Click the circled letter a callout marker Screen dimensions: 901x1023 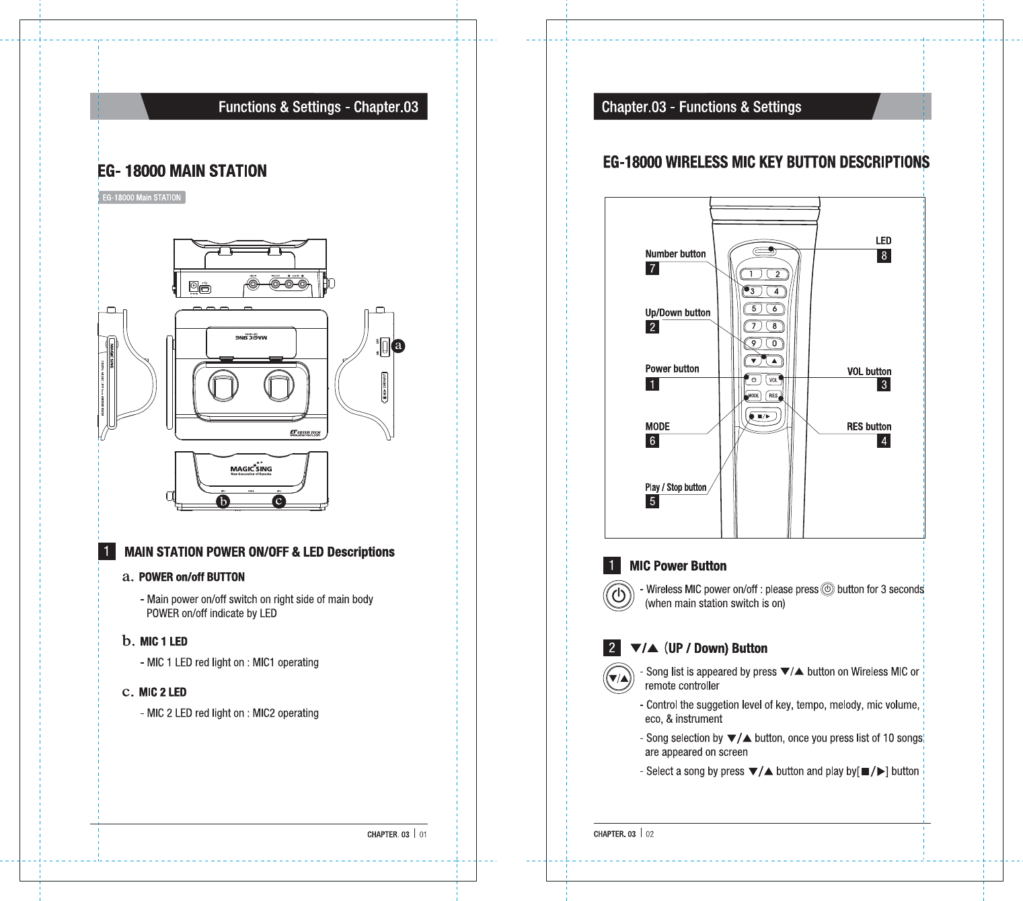398,346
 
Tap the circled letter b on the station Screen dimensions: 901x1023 223,501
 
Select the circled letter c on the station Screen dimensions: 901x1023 278,501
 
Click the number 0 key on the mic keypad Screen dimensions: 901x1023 775,343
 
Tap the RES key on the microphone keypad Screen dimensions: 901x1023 773,395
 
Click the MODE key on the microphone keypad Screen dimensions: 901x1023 753,395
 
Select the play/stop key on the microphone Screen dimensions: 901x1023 763,416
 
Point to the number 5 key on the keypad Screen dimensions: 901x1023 753,309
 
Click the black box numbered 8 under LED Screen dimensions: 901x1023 884,256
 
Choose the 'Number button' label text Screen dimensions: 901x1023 675,253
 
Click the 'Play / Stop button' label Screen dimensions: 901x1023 675,487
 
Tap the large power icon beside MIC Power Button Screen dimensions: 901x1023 618,595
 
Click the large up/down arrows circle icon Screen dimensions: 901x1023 618,678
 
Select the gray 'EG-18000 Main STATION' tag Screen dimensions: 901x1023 141,198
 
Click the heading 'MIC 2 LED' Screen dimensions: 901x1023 163,692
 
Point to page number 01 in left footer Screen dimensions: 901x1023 423,834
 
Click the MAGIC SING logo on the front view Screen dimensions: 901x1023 251,469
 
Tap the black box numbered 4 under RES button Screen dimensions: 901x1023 884,441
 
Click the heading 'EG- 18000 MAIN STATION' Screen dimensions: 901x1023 182,171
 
